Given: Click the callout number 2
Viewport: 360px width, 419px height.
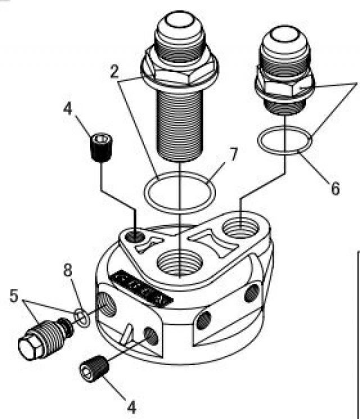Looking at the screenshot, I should click(x=114, y=71).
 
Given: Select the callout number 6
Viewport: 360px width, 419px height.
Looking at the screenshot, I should click(x=335, y=188).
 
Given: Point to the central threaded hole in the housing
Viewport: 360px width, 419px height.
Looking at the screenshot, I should click(x=178, y=263).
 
